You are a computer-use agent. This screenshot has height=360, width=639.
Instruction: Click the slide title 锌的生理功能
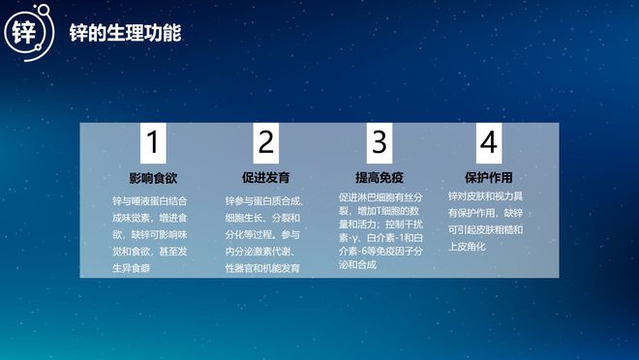pos(125,33)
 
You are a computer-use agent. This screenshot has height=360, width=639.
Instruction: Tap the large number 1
pos(151,144)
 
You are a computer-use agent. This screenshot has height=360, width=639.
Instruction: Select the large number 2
pos(265,144)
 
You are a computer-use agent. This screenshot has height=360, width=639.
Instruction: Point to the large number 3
pos(378,144)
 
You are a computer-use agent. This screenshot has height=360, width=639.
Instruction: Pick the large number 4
pos(488,144)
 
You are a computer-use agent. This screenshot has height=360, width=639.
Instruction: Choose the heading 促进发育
pos(265,179)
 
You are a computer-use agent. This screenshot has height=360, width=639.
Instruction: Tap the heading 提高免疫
pos(379,179)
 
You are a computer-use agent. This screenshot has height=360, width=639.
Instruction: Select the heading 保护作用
pos(488,179)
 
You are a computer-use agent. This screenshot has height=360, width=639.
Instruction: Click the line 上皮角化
pos(467,246)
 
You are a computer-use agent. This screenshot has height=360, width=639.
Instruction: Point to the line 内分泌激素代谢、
pos(260,251)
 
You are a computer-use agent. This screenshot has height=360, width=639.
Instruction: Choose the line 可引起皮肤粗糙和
pos(486,229)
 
